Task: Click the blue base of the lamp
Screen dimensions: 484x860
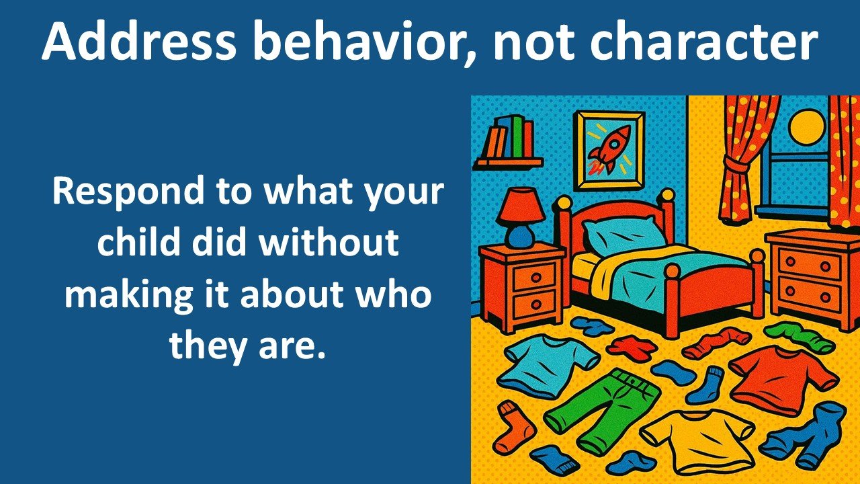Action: coord(521,235)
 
